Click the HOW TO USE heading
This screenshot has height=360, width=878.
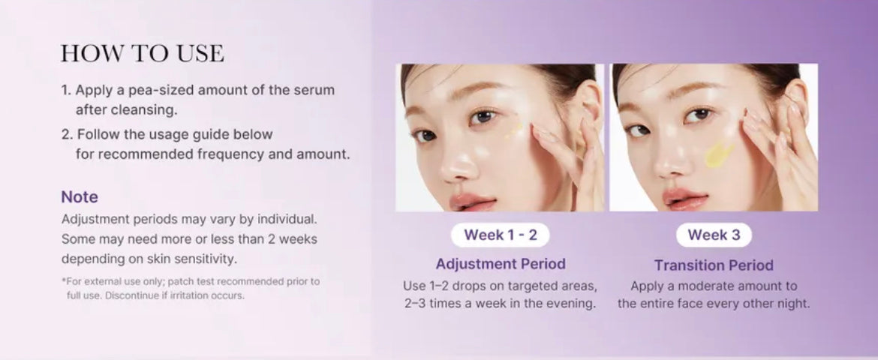pyautogui.click(x=143, y=53)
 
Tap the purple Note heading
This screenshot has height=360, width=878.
pyautogui.click(x=80, y=196)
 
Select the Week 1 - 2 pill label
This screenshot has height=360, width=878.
pyautogui.click(x=500, y=235)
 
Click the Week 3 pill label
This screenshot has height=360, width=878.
pyautogui.click(x=714, y=235)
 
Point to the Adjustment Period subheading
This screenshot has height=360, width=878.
pyautogui.click(x=501, y=264)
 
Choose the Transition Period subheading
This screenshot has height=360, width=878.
pyautogui.click(x=714, y=265)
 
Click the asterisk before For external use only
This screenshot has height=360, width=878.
pyautogui.click(x=64, y=280)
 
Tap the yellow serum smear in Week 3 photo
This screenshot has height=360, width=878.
pyautogui.click(x=718, y=154)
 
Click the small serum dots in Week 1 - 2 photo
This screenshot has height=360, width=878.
pyautogui.click(x=513, y=130)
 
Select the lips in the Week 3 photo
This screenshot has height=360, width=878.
pyautogui.click(x=684, y=198)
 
